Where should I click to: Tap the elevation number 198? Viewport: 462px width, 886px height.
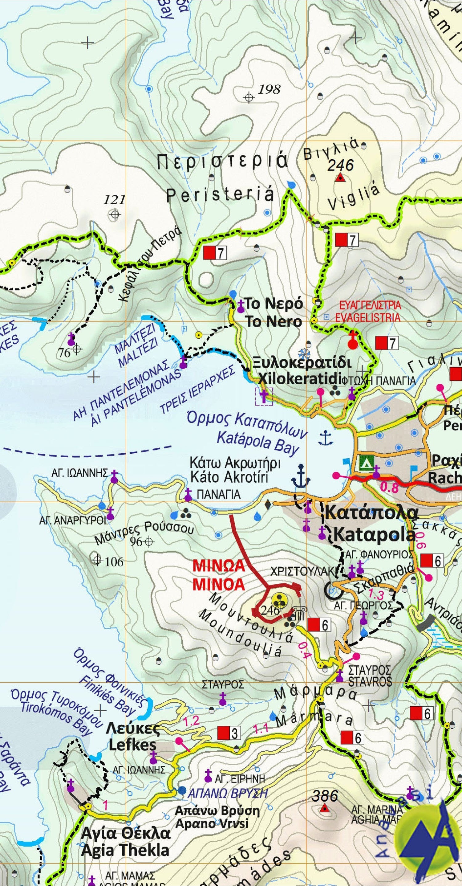[x=269, y=90]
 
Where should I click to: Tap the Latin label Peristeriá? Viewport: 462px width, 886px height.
[x=220, y=195]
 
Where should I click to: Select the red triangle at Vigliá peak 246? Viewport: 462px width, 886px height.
[x=340, y=178]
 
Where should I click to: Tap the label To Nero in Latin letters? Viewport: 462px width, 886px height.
[x=274, y=322]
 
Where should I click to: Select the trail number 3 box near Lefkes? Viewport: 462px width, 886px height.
[x=229, y=733]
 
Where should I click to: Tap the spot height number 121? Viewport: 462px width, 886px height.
[x=115, y=199]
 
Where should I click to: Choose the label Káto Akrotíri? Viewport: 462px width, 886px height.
[x=229, y=477]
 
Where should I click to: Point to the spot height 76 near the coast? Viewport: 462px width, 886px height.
[x=64, y=352]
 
